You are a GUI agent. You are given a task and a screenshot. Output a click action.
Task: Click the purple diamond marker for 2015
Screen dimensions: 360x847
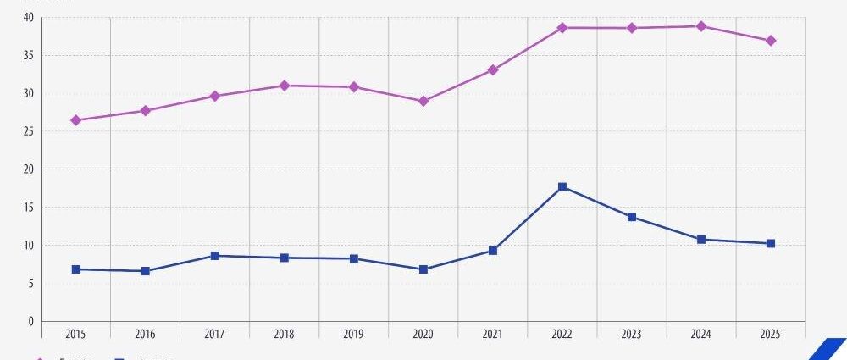click(76, 120)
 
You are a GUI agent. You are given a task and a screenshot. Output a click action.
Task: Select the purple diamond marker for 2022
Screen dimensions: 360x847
click(562, 28)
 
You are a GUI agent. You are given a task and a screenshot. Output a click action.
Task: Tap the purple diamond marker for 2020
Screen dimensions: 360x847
click(423, 101)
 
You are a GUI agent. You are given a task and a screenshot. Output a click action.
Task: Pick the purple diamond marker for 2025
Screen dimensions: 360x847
click(771, 41)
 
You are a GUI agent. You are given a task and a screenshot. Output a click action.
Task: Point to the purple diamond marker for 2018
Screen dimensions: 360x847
click(285, 86)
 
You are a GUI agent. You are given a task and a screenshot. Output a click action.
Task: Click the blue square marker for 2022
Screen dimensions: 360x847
click(562, 186)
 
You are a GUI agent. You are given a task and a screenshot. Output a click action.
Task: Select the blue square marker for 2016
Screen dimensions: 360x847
click(146, 271)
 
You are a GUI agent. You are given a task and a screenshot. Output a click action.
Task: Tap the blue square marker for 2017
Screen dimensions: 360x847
click(215, 256)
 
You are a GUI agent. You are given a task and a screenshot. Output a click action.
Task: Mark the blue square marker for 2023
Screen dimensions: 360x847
click(632, 217)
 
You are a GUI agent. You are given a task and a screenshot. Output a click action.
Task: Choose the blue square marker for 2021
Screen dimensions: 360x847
click(493, 251)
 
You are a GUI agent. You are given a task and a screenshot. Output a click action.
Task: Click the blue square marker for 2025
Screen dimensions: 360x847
click(771, 243)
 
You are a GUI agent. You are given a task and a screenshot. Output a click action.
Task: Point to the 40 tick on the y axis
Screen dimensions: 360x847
click(29, 18)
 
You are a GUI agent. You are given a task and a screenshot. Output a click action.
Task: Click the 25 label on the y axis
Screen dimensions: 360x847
click(29, 132)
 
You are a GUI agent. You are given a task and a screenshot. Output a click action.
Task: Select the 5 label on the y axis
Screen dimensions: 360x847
click(31, 284)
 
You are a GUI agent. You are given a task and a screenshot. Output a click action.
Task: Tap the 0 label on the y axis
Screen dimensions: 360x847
click(31, 322)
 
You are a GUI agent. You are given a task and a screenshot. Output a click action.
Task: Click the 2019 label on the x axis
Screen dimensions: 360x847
click(354, 335)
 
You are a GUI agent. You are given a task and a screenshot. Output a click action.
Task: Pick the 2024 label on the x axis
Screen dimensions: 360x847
click(701, 335)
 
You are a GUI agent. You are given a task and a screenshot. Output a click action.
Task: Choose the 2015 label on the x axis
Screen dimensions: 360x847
click(76, 335)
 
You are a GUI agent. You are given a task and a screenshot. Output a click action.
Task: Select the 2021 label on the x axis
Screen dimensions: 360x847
click(493, 335)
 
